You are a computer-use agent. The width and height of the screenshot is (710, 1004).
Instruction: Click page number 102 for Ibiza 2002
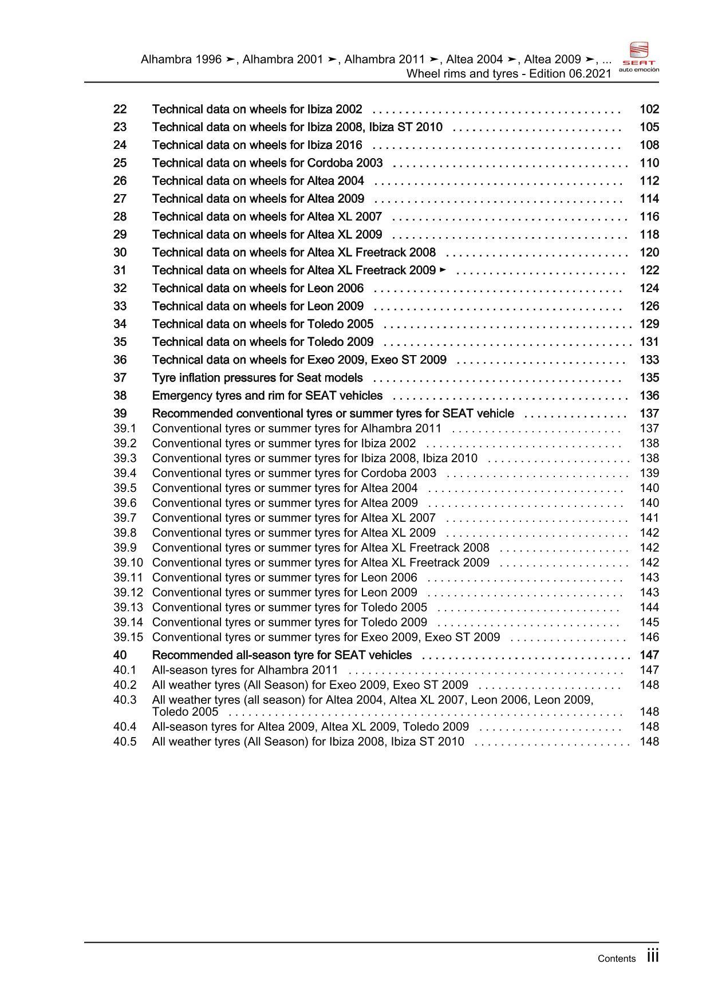(x=649, y=109)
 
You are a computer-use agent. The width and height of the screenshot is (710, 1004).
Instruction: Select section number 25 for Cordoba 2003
(x=120, y=163)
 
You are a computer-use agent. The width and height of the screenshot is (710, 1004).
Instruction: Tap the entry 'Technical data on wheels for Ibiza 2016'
(x=257, y=145)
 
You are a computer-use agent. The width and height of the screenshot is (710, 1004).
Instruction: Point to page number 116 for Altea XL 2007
(x=649, y=217)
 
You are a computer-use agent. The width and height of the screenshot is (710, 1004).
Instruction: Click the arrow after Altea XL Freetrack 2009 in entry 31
(x=443, y=269)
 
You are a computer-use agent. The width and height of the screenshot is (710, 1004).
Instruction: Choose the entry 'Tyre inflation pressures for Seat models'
(x=257, y=378)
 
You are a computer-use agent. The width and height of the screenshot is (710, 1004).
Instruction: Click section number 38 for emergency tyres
(x=120, y=396)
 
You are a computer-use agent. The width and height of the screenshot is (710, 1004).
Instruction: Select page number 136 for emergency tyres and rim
(x=649, y=396)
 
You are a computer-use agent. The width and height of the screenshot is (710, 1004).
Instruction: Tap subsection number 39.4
(x=125, y=473)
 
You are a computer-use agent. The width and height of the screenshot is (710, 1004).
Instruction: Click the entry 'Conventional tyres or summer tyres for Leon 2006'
(x=285, y=577)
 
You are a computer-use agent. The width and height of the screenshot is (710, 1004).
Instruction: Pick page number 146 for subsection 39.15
(x=649, y=637)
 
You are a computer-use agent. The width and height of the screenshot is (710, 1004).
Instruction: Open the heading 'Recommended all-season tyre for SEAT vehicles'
(x=282, y=655)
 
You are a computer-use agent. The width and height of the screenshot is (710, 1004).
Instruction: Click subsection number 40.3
(x=125, y=700)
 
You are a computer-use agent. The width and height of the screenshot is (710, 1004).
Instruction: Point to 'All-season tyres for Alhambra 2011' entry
(x=245, y=670)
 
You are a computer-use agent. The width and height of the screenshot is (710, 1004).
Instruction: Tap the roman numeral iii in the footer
(x=653, y=956)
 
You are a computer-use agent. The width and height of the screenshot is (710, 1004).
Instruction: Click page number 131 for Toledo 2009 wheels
(x=649, y=342)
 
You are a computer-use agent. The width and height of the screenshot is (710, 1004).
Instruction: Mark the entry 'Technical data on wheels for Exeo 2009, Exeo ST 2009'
(x=299, y=360)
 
